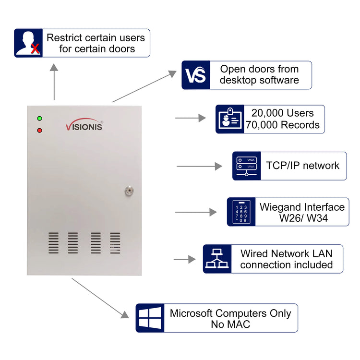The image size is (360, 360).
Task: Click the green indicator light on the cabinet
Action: (39, 119)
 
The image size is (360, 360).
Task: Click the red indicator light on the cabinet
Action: (39, 130)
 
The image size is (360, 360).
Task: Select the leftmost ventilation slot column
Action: (53, 243)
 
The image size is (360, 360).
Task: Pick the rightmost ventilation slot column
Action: (115, 243)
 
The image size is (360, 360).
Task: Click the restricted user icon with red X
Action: (28, 43)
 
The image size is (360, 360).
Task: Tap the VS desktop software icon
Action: (196, 75)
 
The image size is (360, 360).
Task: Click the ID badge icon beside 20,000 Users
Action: (229, 119)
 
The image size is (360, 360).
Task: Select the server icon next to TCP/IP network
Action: (247, 166)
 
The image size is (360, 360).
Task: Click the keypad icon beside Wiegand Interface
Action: (241, 212)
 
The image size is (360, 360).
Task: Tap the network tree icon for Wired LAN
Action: (217, 259)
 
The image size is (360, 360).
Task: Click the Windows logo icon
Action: (150, 318)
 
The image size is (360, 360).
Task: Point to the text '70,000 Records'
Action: (282, 125)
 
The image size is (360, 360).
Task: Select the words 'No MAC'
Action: (230, 324)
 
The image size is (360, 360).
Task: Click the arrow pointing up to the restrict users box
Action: (54, 82)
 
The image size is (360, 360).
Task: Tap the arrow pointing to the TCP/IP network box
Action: (199, 166)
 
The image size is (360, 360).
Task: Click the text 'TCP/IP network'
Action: (302, 166)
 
